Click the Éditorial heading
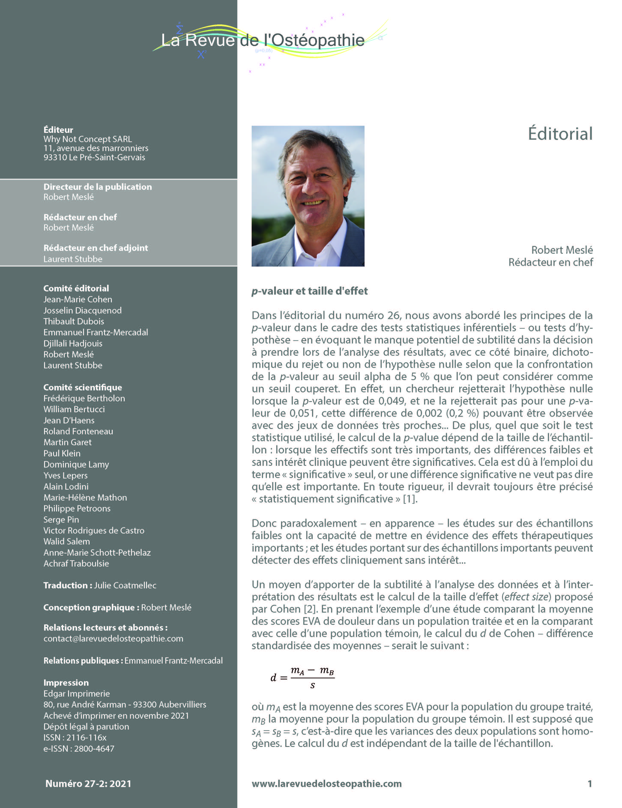tap(560, 134)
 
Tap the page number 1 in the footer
tap(589, 784)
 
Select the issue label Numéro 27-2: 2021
tap(88, 784)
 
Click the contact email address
tap(113, 639)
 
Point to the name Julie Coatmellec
tap(125, 585)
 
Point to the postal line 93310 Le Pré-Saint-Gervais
tap(94, 157)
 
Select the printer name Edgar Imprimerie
tap(76, 694)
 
